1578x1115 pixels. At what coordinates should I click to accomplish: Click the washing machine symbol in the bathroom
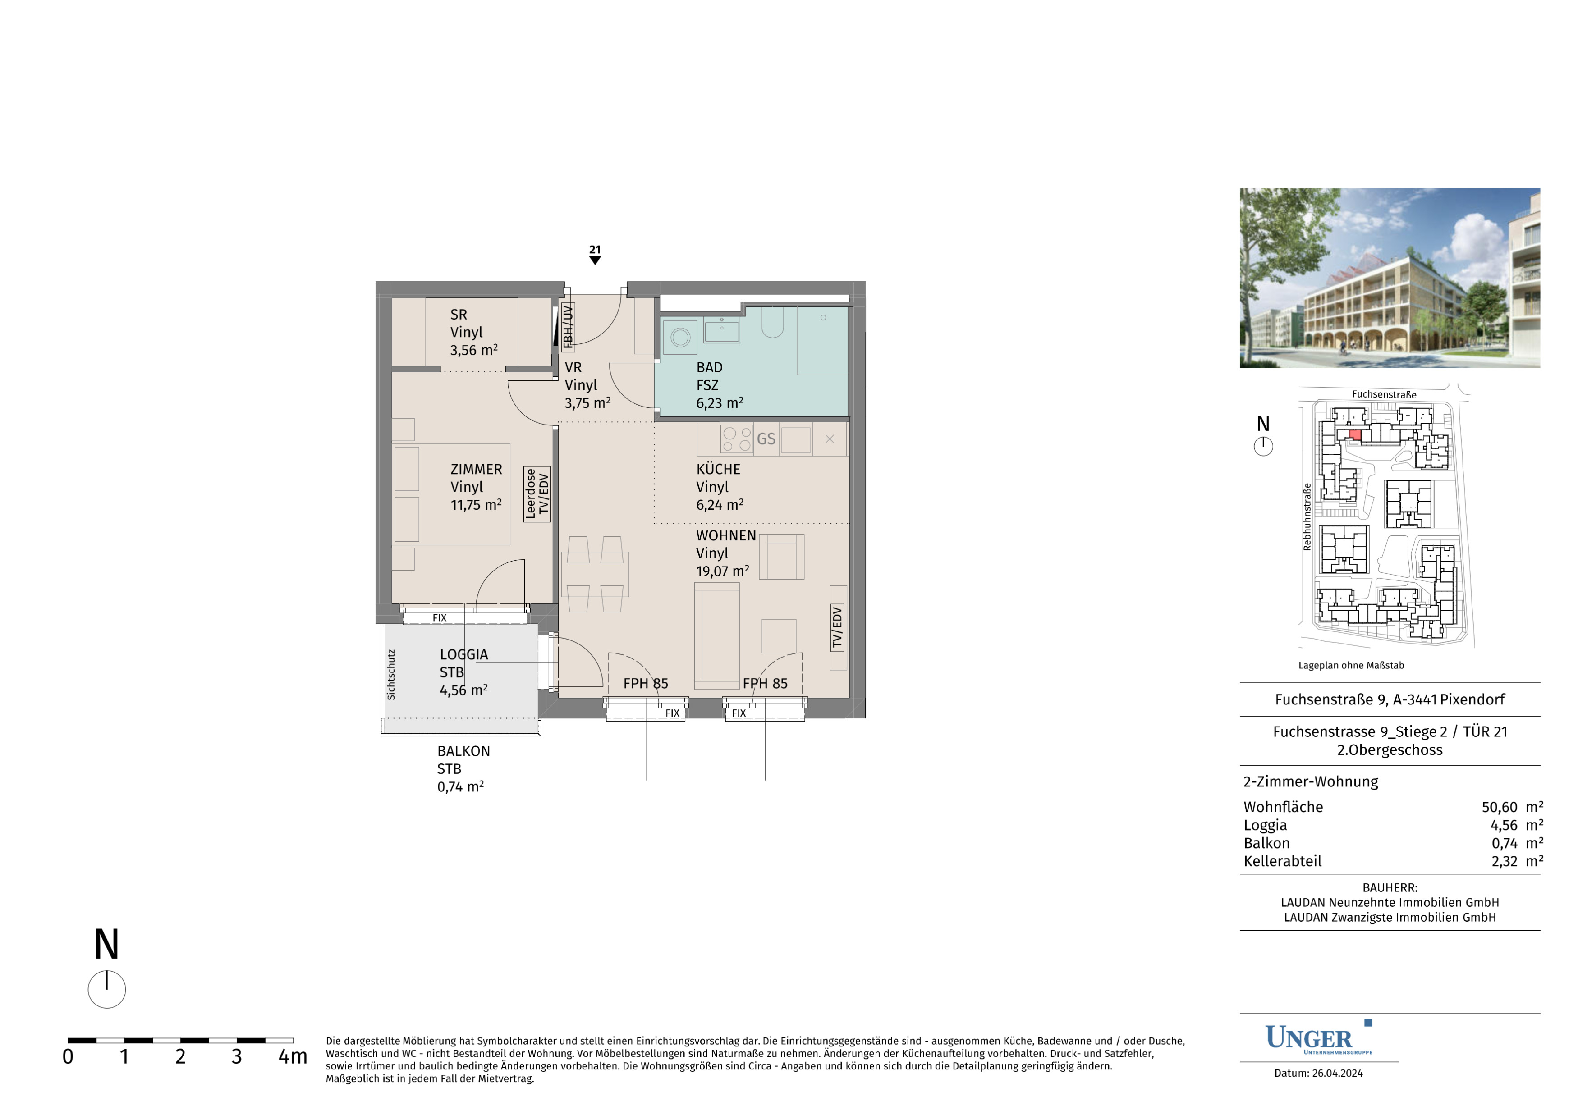point(680,337)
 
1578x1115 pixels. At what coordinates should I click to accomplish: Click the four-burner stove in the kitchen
point(737,439)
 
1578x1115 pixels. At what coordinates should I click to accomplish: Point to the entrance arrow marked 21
point(595,260)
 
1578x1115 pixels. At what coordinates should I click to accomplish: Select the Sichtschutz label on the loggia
point(391,675)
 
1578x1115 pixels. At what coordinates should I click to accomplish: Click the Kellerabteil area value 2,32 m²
point(1517,861)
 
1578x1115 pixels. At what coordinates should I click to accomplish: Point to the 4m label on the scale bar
point(293,1056)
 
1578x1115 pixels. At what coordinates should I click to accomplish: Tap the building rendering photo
point(1390,278)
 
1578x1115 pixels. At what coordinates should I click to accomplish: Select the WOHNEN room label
point(726,535)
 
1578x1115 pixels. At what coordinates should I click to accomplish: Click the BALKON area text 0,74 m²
point(460,786)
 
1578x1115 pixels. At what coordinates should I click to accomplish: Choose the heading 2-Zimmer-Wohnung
point(1311,782)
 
